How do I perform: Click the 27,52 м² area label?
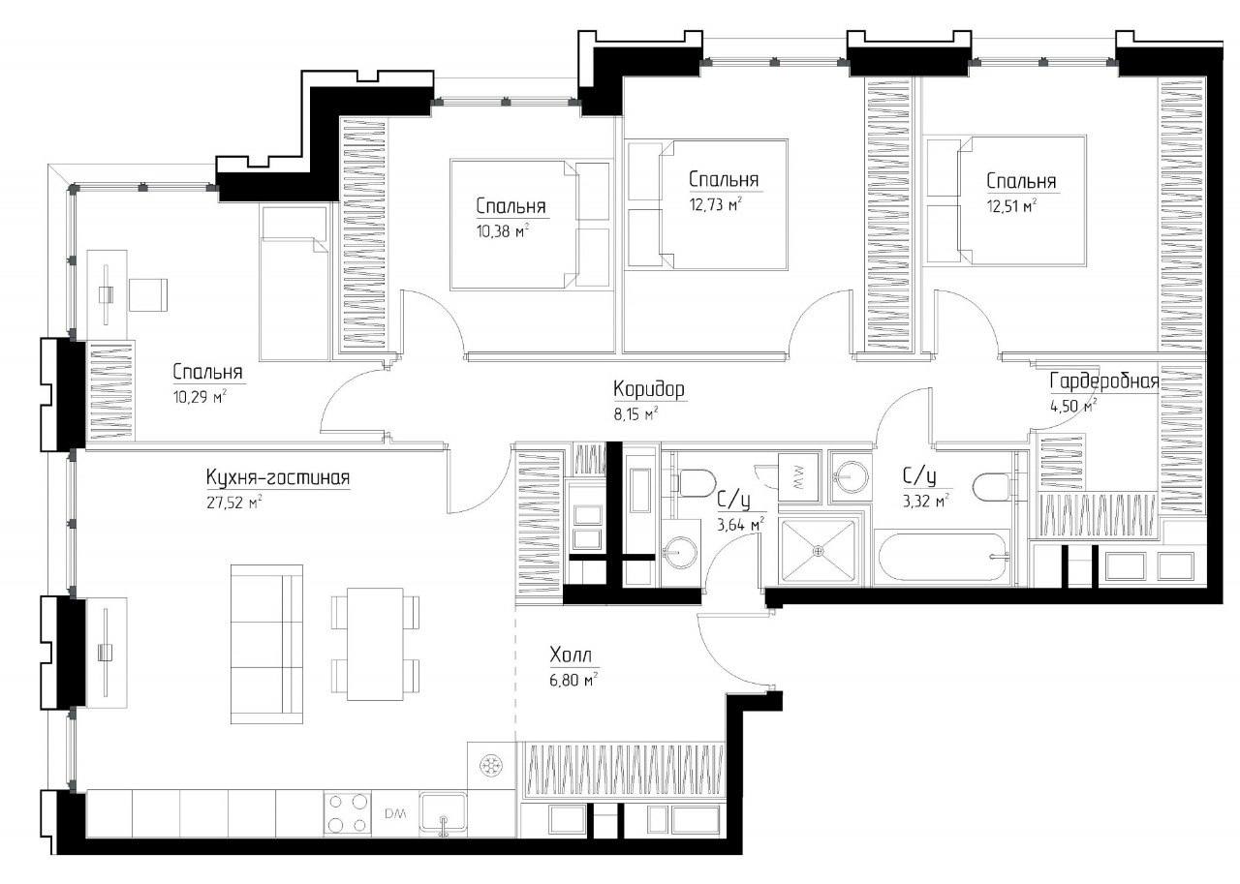point(233,503)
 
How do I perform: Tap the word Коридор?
point(649,389)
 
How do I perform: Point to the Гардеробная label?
point(1103,381)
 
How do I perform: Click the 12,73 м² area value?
point(715,204)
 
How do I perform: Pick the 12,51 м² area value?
point(1011,206)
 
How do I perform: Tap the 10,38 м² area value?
point(502,230)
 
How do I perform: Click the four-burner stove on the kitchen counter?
point(347,813)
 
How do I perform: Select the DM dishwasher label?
point(395,813)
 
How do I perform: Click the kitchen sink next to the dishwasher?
point(443,813)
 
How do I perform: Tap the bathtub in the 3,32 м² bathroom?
point(944,557)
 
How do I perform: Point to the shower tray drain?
point(819,550)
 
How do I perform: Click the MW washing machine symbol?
point(797,477)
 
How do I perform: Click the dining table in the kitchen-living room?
point(375,643)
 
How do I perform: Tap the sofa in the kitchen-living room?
point(266,644)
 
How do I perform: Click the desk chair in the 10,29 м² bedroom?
point(148,294)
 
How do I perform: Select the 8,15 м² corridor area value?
point(635,414)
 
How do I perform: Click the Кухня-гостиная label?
point(278,477)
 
